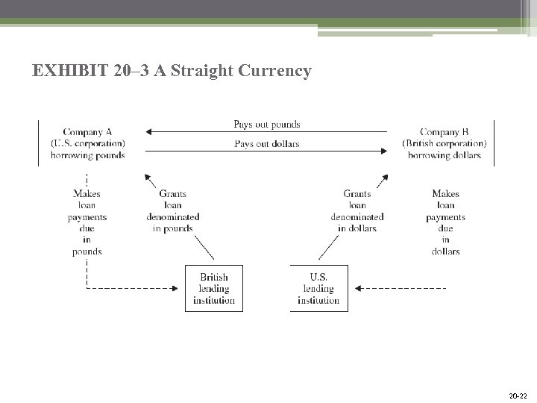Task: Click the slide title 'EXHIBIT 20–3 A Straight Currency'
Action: point(172,71)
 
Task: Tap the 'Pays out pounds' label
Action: point(266,125)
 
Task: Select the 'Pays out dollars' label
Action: point(266,143)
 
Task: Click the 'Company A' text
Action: point(87,132)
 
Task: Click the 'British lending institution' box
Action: point(214,289)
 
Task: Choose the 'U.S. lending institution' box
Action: point(318,289)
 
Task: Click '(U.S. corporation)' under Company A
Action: point(87,143)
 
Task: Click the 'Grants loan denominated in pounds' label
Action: point(173,211)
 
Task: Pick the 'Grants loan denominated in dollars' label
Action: point(357,211)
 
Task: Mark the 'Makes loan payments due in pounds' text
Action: point(87,222)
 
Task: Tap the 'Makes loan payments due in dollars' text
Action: point(445,222)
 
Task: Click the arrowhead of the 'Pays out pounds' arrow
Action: point(148,132)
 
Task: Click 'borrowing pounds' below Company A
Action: point(87,155)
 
